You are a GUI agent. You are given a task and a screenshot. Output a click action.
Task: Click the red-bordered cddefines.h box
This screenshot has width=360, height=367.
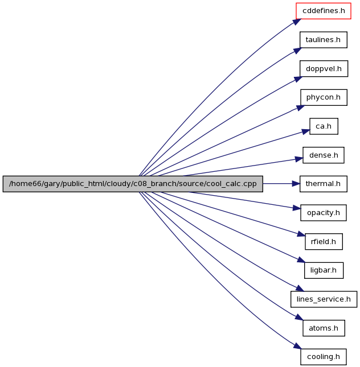[x=323, y=11]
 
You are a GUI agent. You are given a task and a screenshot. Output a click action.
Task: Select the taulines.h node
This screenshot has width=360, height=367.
[x=323, y=40]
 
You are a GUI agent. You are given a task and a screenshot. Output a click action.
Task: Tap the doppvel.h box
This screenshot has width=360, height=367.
[x=324, y=69]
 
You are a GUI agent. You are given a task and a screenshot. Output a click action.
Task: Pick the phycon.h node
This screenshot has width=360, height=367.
[x=324, y=97]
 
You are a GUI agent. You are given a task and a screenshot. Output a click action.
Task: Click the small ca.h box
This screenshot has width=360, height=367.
[x=324, y=126]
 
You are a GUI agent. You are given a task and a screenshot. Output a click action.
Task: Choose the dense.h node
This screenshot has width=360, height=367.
[x=324, y=155]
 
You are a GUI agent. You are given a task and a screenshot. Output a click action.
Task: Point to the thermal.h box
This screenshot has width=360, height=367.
[x=323, y=184]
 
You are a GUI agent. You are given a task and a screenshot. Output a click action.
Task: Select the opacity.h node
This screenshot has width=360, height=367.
[x=324, y=213]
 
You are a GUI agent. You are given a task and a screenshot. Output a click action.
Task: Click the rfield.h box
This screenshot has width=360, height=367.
[x=324, y=242]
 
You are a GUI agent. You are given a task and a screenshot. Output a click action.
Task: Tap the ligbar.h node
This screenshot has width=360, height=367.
[x=324, y=270]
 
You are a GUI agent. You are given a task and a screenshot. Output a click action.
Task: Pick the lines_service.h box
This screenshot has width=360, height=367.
[x=324, y=299]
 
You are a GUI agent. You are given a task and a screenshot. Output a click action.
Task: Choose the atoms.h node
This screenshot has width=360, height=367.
[x=324, y=328]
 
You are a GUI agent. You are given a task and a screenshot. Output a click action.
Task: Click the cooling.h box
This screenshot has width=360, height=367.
[x=324, y=357]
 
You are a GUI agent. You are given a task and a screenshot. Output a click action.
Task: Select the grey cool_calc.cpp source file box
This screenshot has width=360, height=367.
[x=133, y=184]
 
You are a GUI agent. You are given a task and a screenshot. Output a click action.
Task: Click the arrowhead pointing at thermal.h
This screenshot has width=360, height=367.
[x=296, y=184]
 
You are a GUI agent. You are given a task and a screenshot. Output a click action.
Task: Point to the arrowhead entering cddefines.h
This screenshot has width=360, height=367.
[x=297, y=22]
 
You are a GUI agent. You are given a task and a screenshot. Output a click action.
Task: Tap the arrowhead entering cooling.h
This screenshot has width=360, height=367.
[x=297, y=346]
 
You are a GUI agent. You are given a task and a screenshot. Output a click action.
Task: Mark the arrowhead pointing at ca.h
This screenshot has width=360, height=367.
[x=306, y=131]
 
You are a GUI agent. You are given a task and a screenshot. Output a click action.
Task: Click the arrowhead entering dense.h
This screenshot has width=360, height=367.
[x=299, y=159]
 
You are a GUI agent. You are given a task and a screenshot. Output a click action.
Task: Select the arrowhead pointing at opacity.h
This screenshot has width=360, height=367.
[x=296, y=208]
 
